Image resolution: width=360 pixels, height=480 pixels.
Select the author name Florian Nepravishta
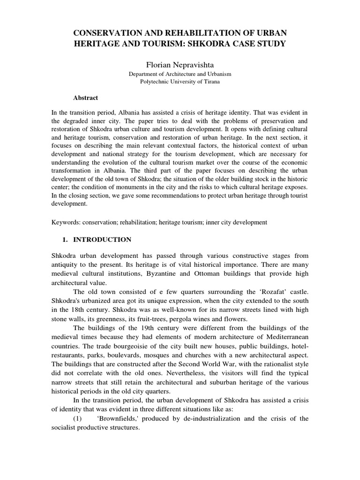coord(180,64)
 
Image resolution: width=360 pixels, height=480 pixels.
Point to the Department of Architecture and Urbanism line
coord(180,74)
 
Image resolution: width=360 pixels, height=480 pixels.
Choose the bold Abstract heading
coord(85,98)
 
